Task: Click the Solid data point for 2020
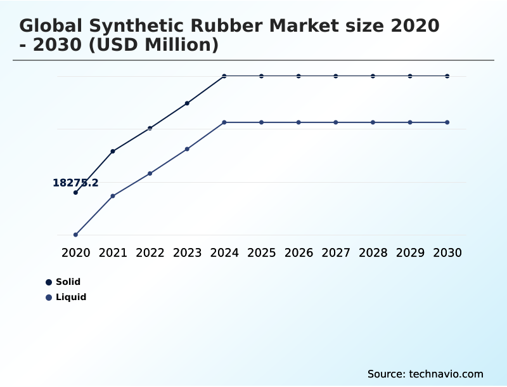(x=75, y=192)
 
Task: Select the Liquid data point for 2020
(x=75, y=235)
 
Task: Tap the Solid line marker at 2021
(x=113, y=151)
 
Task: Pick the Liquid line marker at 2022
(x=150, y=173)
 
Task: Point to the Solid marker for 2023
(x=187, y=103)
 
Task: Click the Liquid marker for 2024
(x=224, y=122)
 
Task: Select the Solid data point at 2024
(x=224, y=76)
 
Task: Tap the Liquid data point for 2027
(x=336, y=122)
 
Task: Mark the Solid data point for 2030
(x=447, y=76)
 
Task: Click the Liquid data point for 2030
(x=447, y=122)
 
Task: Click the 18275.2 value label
(x=75, y=183)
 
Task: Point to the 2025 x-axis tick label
(x=261, y=253)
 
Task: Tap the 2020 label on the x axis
(x=75, y=253)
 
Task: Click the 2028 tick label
(x=373, y=253)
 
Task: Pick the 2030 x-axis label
(x=447, y=253)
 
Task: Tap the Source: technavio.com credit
(x=425, y=374)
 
